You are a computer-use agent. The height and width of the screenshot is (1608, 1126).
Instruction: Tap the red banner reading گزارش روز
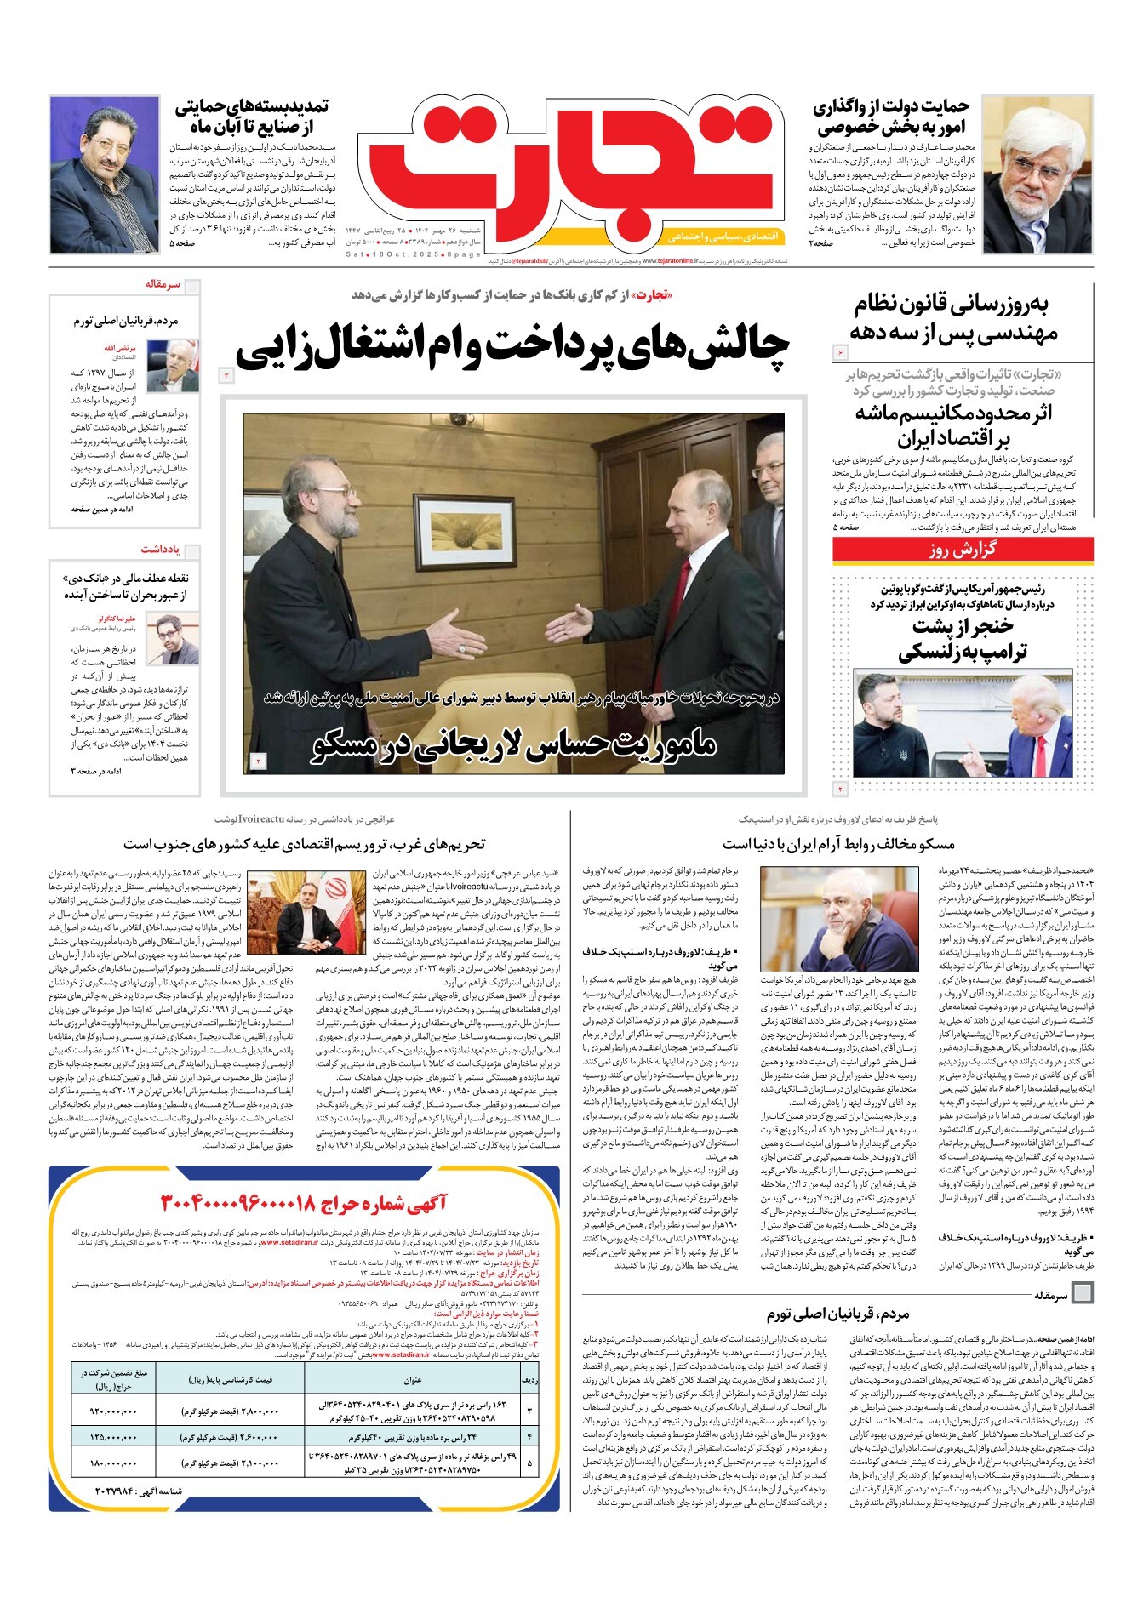pos(963,550)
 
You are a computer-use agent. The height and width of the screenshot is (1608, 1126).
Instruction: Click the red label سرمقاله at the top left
pos(163,284)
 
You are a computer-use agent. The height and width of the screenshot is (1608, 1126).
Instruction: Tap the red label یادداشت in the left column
pos(159,549)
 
